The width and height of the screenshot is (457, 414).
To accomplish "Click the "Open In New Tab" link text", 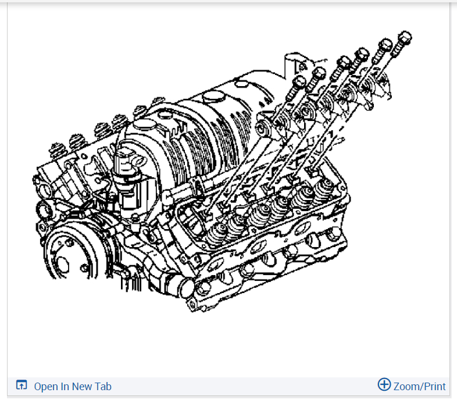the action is coord(73,386).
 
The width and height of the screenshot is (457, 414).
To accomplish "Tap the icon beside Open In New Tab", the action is coord(22,385).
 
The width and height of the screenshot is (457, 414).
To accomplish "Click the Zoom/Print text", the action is coord(419,386).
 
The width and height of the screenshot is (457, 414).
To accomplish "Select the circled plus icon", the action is coord(384,384).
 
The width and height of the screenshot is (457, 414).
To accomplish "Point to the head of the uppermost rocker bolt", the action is coord(405,38).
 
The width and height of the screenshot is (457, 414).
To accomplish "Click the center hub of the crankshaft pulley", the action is coord(62,262).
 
